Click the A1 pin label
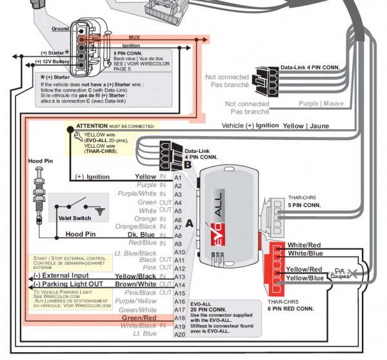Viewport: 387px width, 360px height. click(179, 176)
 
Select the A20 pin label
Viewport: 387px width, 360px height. click(179, 334)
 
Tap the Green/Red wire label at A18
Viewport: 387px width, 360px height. click(139, 317)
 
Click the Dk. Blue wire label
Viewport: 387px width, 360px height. click(143, 234)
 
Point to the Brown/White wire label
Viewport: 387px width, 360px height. click(136, 284)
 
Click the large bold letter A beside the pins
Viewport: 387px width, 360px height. click(190, 223)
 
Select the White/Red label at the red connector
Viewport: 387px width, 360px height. click(304, 245)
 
